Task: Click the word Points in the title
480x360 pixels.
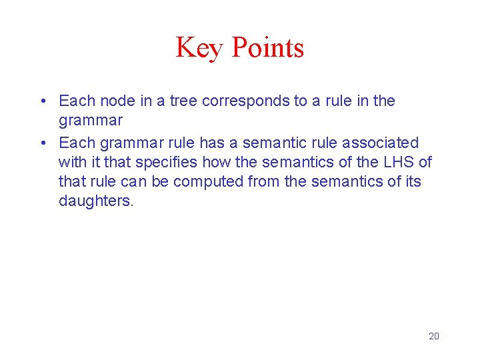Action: [268, 48]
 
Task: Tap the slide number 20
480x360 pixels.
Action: [433, 336]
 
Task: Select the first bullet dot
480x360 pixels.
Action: [42, 101]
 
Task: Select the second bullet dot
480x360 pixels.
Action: [42, 143]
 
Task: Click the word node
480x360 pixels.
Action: [117, 101]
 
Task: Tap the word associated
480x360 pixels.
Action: [380, 143]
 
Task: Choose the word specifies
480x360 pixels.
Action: [166, 162]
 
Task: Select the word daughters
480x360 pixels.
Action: [96, 201]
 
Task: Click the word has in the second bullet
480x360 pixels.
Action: [212, 143]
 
